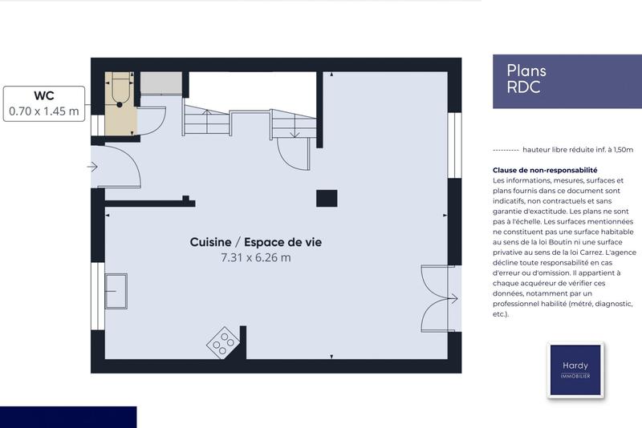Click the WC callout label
point(44,95)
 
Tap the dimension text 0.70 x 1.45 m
point(44,111)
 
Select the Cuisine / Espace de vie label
point(256,241)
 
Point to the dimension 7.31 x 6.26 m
point(256,257)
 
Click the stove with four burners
point(223,341)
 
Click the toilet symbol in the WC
point(120,88)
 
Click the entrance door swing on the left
point(120,167)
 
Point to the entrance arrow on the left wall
point(93,167)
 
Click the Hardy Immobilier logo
point(575,369)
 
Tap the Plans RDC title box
point(563,80)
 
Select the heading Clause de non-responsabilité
point(545,170)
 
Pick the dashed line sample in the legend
point(505,149)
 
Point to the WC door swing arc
point(154,120)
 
